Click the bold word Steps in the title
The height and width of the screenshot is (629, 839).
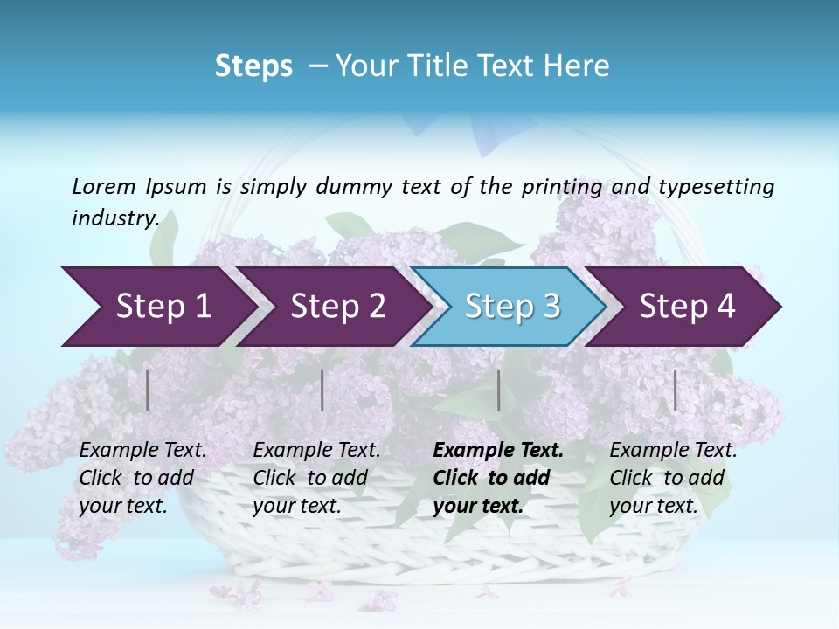pyautogui.click(x=253, y=66)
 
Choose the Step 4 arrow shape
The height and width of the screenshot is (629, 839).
pyautogui.click(x=687, y=307)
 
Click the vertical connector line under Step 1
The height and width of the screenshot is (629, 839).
pyautogui.click(x=148, y=390)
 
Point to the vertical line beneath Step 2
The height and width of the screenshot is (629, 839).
pyautogui.click(x=322, y=390)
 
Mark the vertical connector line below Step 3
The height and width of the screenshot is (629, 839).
pyautogui.click(x=498, y=390)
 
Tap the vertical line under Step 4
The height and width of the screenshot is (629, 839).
pyautogui.click(x=676, y=390)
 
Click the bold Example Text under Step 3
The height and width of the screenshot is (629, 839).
pyautogui.click(x=498, y=478)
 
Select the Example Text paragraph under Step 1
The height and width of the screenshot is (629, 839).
pyautogui.click(x=142, y=478)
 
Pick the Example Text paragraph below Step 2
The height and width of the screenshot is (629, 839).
pyautogui.click(x=316, y=478)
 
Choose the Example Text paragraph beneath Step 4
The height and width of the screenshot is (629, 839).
pyautogui.click(x=673, y=478)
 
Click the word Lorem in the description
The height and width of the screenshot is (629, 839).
pyautogui.click(x=103, y=186)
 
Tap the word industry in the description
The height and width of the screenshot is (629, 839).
pyautogui.click(x=114, y=218)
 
